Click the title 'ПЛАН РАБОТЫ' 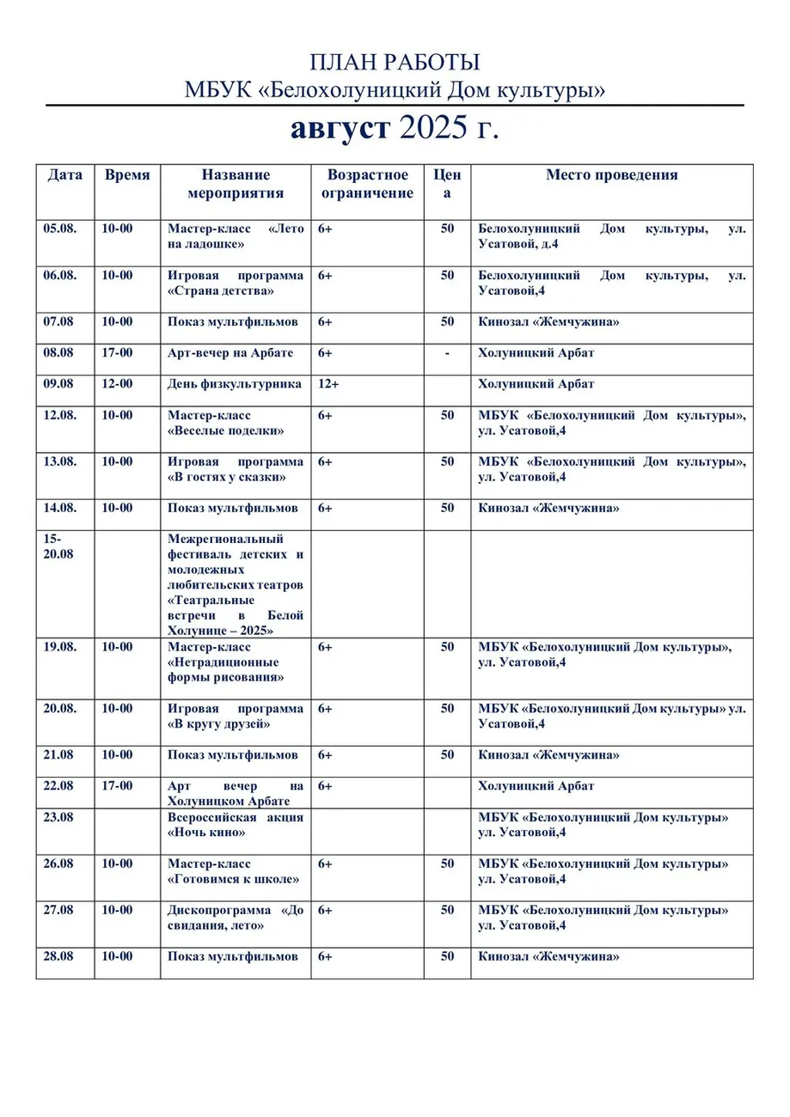coord(395,63)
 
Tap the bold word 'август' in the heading coord(339,129)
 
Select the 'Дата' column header coord(64,175)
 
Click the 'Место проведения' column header coord(611,175)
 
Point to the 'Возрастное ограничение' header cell coord(367,184)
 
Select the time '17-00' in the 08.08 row coord(117,353)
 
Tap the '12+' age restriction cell coord(328,384)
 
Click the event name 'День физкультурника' coord(234,384)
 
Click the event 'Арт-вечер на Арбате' coord(230,353)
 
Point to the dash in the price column coord(447,353)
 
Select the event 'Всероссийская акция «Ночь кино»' coord(235,825)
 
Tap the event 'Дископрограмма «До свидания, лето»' coord(235,918)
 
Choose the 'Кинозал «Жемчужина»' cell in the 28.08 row coord(548,956)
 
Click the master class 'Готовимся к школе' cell coord(234,871)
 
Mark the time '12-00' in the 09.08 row coord(117,384)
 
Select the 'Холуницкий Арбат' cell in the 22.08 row coord(536,786)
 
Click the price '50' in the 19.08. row coord(447,647)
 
